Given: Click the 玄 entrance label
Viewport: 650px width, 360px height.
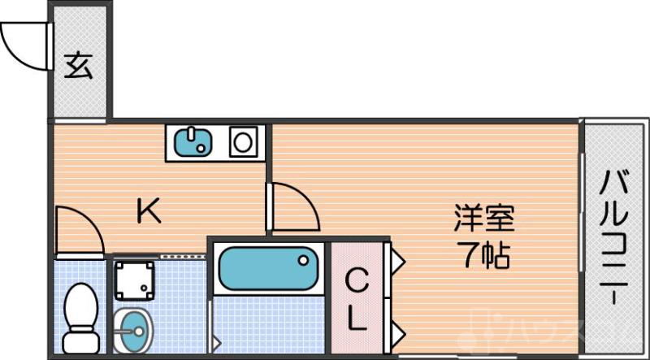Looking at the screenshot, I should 78,65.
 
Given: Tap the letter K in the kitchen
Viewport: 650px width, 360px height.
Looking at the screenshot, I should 149,212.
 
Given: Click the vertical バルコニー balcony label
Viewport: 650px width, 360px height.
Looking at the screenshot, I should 615,235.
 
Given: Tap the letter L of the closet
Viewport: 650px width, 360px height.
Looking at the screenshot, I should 356,319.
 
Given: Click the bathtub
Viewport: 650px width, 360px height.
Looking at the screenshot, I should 267,269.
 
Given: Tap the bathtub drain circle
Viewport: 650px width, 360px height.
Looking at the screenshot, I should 303,261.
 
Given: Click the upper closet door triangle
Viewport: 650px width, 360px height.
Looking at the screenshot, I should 397,260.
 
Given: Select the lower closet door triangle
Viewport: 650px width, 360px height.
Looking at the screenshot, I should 397,331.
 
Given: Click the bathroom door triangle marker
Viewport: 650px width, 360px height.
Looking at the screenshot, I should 215,341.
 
